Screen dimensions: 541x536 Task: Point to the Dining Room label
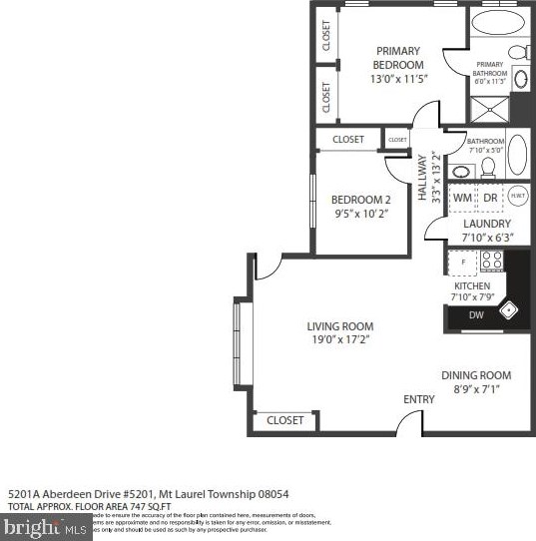tap(476, 375)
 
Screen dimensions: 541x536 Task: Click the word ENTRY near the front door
tap(419, 399)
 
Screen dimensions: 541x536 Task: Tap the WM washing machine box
tap(462, 198)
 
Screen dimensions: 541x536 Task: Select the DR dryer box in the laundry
tap(490, 198)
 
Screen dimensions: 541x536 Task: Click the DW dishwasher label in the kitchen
tap(477, 315)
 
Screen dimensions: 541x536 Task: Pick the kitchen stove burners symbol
tap(492, 261)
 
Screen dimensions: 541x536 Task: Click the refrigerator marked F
tap(462, 262)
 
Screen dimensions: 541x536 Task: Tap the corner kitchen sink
tap(513, 310)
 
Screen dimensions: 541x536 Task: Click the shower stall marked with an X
tap(491, 108)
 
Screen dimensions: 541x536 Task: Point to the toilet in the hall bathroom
tap(488, 166)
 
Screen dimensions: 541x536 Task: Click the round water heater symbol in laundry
tap(517, 196)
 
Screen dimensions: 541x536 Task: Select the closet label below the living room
tap(285, 421)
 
